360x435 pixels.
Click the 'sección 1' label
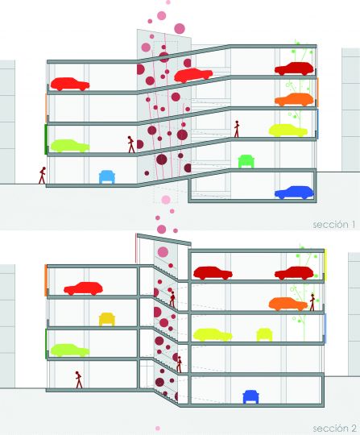pos(334,225)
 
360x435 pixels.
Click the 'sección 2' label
pos(334,429)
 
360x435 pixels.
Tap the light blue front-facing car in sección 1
pos(107,177)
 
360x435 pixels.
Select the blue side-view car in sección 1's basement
pos(294,193)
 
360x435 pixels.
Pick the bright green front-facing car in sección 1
pos(246,161)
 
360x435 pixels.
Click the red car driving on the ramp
pos(193,75)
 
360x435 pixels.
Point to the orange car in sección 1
pos(294,100)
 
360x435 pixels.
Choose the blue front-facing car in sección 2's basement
pos(250,397)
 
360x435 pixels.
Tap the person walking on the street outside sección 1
pos(42,176)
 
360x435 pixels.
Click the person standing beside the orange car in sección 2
pos(312,302)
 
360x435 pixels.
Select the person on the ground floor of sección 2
pos(79,379)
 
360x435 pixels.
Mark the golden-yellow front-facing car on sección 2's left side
pos(107,319)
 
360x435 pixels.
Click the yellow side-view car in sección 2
pos(213,335)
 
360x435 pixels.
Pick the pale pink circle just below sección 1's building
pos(166,200)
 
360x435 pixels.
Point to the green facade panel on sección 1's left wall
pos(46,139)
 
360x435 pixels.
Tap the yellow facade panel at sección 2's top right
pos(325,264)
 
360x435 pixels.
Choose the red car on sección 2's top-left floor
pos(83,288)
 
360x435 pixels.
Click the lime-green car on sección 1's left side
pos(70,146)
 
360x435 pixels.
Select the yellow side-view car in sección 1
pos(288,130)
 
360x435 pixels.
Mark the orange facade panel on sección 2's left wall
pos(46,280)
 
